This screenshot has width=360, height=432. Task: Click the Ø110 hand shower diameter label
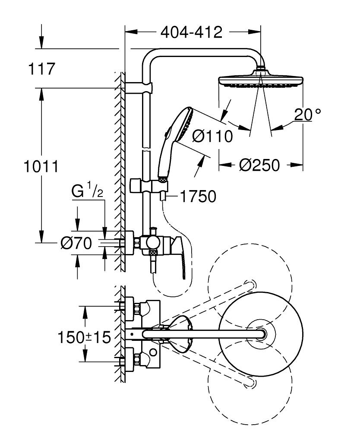pyautogui.click(x=212, y=137)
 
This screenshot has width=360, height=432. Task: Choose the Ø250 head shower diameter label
pyautogui.click(x=259, y=165)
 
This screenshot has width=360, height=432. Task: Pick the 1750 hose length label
pyautogui.click(x=197, y=197)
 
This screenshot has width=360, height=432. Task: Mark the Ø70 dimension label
pyautogui.click(x=76, y=244)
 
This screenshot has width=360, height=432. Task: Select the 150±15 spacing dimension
pyautogui.click(x=85, y=337)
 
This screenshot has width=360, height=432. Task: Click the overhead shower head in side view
pyautogui.click(x=262, y=81)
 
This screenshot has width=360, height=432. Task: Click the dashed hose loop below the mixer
pyautogui.click(x=166, y=285)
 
